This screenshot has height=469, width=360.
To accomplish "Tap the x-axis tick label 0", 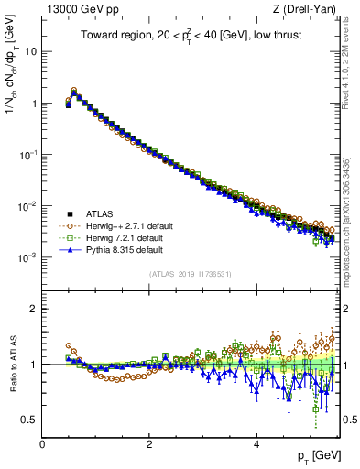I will point(42,444).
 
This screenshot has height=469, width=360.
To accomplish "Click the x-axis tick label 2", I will point(149,444).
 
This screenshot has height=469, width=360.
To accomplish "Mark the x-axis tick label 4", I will point(256,444).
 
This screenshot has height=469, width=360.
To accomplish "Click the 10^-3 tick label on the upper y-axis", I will point(27,257).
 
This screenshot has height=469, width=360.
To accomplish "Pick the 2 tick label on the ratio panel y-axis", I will point(34,309).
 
